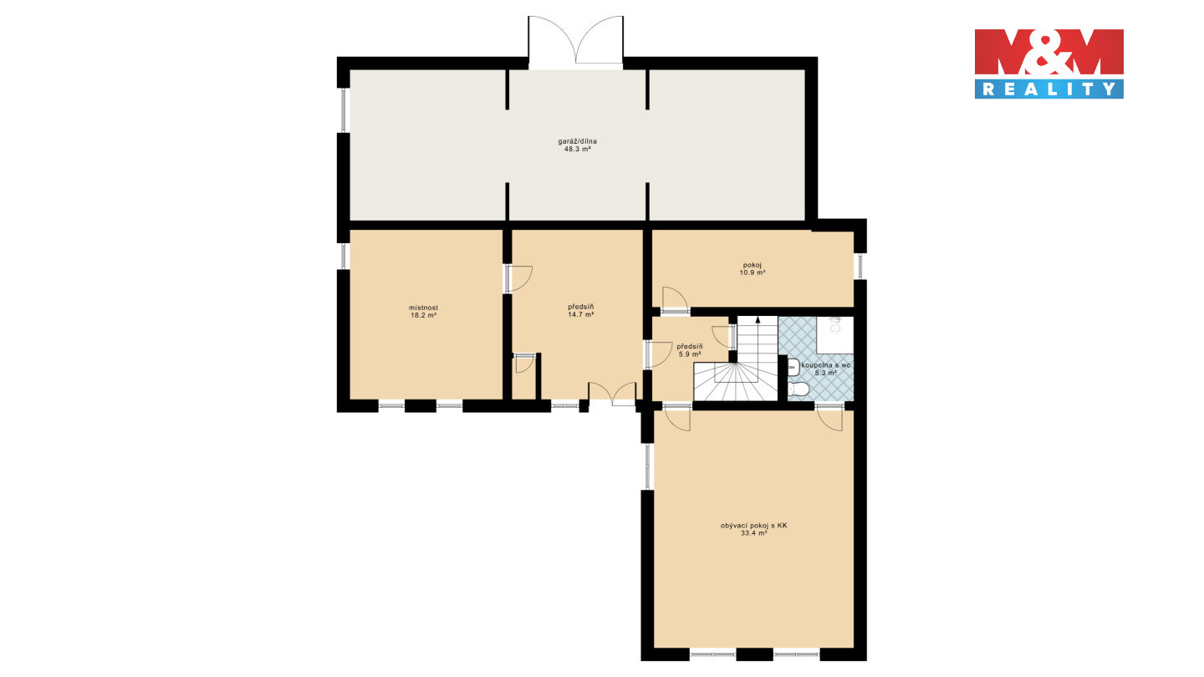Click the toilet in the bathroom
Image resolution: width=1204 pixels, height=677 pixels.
click(x=798, y=389)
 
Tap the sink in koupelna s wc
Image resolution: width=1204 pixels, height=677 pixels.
click(x=793, y=366)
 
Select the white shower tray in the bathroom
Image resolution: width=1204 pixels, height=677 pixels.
click(x=834, y=335)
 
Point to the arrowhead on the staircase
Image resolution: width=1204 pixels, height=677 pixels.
click(x=758, y=319)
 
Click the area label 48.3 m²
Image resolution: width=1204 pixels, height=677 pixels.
click(x=577, y=150)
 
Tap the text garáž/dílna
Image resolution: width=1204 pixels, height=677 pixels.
click(x=577, y=141)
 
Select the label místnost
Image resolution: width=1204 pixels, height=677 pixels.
click(x=424, y=308)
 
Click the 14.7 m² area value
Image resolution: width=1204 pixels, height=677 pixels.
click(x=581, y=315)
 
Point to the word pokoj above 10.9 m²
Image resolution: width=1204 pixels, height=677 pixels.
click(x=752, y=265)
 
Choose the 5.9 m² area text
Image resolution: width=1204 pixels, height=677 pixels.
click(x=690, y=354)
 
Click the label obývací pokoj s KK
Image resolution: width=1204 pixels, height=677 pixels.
click(x=753, y=526)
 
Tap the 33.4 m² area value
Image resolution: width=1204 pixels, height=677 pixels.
click(x=753, y=533)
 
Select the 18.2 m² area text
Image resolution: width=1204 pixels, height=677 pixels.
click(x=424, y=315)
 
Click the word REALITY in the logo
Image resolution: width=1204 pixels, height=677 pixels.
click(x=1048, y=89)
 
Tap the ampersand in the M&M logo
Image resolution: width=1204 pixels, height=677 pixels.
click(x=1048, y=52)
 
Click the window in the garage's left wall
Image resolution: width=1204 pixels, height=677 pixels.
click(x=344, y=110)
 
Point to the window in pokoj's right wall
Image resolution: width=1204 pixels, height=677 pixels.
click(x=860, y=266)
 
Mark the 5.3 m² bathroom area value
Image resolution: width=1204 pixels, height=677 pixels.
click(x=826, y=373)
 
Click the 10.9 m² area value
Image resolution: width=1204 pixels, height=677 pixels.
click(x=752, y=273)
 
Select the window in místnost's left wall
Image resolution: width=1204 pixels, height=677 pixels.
click(x=344, y=257)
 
